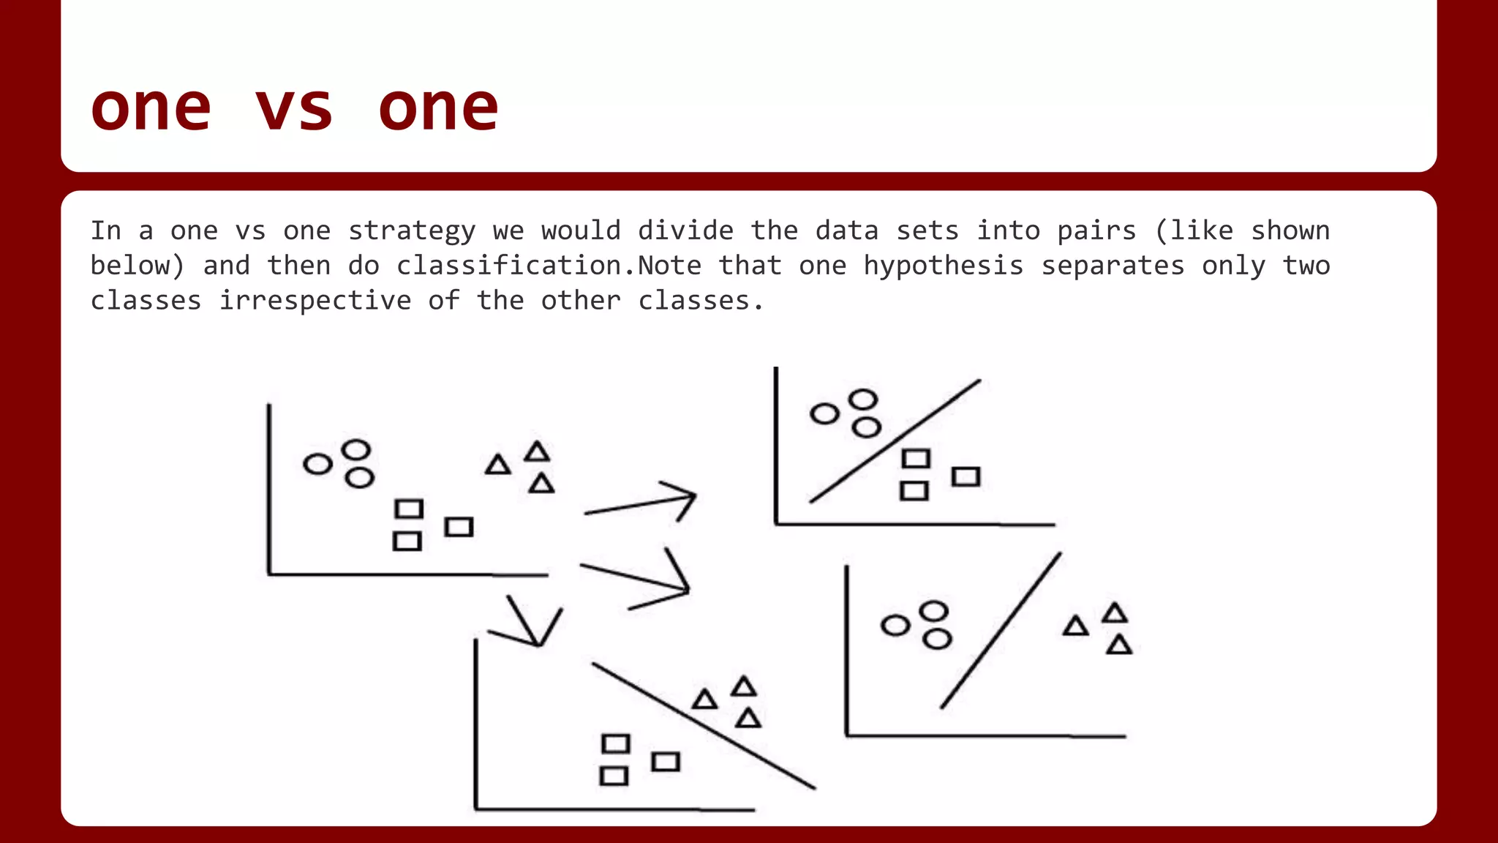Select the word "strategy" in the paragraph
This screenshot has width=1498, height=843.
[x=412, y=231]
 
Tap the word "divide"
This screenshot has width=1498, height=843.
[x=685, y=231]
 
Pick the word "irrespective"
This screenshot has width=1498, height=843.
[x=315, y=301]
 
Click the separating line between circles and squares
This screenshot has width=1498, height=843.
[x=895, y=441]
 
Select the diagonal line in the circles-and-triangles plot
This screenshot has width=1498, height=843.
[x=1001, y=631]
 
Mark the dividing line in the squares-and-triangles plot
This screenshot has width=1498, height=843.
[x=704, y=726]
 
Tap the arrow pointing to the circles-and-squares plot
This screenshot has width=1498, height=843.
[x=641, y=503]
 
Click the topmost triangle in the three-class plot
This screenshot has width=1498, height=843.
[x=537, y=452]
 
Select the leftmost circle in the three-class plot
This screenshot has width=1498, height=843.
[x=317, y=464]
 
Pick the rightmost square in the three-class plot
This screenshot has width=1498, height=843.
[x=459, y=527]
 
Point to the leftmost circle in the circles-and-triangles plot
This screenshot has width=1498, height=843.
[x=895, y=626]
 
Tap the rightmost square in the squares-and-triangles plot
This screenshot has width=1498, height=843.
[x=666, y=762]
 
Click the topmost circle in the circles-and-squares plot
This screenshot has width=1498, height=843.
[x=863, y=400]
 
